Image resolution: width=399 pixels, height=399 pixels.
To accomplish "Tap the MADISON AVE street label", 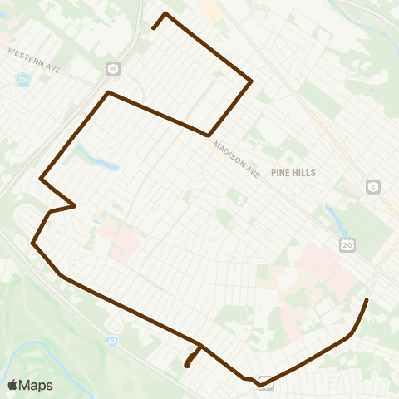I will pyautogui.click(x=236, y=158).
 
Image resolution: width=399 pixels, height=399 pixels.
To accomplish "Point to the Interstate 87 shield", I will pyautogui.click(x=112, y=341).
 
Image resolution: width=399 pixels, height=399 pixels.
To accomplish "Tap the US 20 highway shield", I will pyautogui.click(x=346, y=244).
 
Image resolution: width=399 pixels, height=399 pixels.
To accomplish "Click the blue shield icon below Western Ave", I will pyautogui.click(x=23, y=81).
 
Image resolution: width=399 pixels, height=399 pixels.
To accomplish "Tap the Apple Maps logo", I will pyautogui.click(x=30, y=385).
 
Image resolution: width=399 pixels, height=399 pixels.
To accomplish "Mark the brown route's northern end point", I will pyautogui.click(x=154, y=28).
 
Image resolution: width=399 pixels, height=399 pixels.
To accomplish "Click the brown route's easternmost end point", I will pyautogui.click(x=367, y=298).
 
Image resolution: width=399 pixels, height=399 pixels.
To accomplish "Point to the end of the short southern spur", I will pyautogui.click(x=187, y=365).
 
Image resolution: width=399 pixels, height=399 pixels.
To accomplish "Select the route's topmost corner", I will pyautogui.click(x=165, y=13).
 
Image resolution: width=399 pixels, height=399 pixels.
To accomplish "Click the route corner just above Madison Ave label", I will pyautogui.click(x=207, y=135).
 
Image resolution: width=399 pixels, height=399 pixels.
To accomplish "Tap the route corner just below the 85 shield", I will pyautogui.click(x=108, y=92).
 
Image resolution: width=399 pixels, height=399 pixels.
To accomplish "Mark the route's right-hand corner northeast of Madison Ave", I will pyautogui.click(x=251, y=81).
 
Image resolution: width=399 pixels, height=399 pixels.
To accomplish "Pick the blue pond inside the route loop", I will pyautogui.click(x=97, y=157).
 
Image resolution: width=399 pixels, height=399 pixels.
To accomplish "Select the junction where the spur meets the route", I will pyautogui.click(x=199, y=345).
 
